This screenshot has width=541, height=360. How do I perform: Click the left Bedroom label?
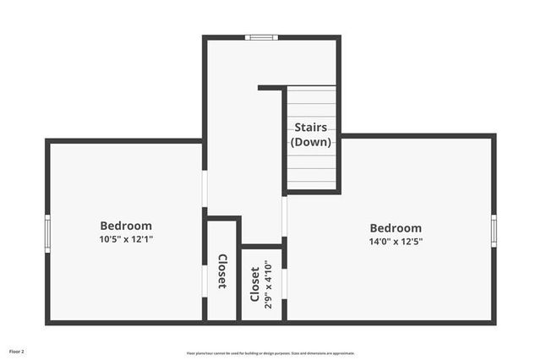pyautogui.click(x=126, y=226)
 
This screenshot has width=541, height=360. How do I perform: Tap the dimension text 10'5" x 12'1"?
pyautogui.click(x=126, y=239)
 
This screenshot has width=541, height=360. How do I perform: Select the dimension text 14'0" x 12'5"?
pyautogui.click(x=396, y=241)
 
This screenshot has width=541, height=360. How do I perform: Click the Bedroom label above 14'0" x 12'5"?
pyautogui.click(x=396, y=228)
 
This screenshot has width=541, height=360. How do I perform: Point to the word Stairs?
pyautogui.click(x=311, y=128)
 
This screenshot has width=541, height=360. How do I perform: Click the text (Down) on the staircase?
pyautogui.click(x=311, y=142)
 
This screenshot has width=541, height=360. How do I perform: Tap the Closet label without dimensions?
pyautogui.click(x=222, y=271)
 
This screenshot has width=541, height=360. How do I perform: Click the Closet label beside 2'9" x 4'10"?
pyautogui.click(x=255, y=285)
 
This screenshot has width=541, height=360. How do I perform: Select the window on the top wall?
pyautogui.click(x=261, y=37)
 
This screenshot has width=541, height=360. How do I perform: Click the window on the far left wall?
pyautogui.click(x=48, y=232)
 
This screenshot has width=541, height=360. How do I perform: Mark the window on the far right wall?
pyautogui.click(x=494, y=230)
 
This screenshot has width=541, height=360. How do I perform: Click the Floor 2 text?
pyautogui.click(x=17, y=351)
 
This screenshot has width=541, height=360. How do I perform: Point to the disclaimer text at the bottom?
pyautogui.click(x=270, y=353)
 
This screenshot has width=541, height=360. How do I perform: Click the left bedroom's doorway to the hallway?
pyautogui.click(x=205, y=188)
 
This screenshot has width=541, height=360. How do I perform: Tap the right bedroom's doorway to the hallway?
pyautogui.click(x=284, y=216)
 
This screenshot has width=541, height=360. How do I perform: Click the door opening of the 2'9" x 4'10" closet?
pyautogui.click(x=284, y=283)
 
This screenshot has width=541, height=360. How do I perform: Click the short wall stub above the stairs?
pyautogui.click(x=270, y=87)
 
